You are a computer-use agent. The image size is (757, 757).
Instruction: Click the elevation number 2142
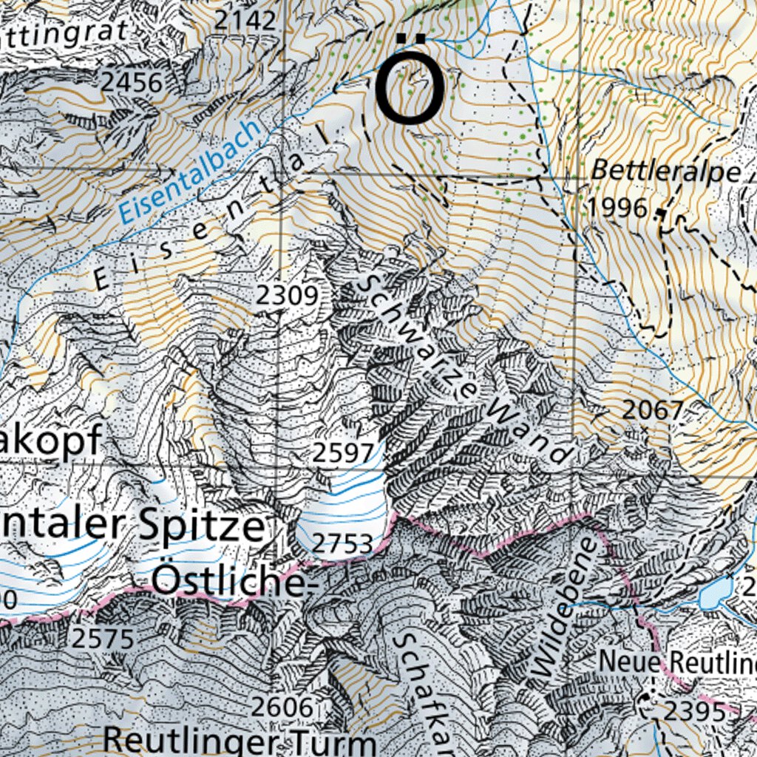[x=245, y=20]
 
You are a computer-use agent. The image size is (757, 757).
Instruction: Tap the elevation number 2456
[x=132, y=83]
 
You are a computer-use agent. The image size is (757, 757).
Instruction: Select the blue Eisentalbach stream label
[x=191, y=172]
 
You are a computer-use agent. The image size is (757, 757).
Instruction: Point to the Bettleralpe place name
[x=665, y=172]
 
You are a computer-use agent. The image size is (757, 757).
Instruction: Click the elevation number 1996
[x=617, y=208]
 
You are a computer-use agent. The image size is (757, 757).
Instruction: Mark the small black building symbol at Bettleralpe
[x=659, y=213]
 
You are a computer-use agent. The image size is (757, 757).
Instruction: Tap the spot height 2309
[x=287, y=296]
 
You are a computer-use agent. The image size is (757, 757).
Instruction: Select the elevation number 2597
[x=343, y=453]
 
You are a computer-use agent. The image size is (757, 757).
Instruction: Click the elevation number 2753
[x=342, y=544]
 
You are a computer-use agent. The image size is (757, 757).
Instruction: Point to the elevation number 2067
[x=652, y=410]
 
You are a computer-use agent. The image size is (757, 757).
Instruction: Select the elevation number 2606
[x=282, y=707]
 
